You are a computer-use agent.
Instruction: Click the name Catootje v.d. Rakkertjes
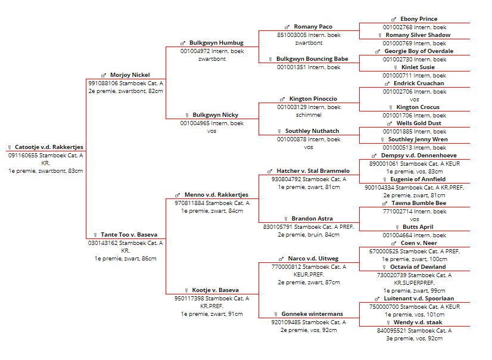[x=49, y=147]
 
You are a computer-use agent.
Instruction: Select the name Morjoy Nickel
[x=130, y=75]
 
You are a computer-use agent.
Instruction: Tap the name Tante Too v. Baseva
[x=129, y=235]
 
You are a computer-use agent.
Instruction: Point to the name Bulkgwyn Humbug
[x=216, y=43]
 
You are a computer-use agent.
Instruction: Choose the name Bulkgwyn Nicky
[x=215, y=115]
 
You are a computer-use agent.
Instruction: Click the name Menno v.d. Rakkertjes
[x=216, y=194]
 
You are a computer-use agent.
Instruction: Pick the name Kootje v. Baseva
[x=215, y=290]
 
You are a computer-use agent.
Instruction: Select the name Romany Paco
[x=313, y=27]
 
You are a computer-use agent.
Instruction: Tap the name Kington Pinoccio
[x=313, y=99]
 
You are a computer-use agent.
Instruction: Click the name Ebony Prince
[x=419, y=19]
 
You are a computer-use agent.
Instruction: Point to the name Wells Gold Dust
[x=419, y=123]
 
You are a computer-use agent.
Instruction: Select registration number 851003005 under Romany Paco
[x=292, y=35]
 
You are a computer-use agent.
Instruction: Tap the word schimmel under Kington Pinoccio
[x=309, y=115]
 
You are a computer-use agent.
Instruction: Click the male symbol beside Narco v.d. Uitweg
[x=281, y=259]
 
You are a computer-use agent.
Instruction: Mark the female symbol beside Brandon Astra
[x=286, y=219]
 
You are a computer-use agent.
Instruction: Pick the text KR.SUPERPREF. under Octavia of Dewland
[x=414, y=283]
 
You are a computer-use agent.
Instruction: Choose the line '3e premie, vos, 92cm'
[x=414, y=339]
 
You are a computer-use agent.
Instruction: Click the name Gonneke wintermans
[x=312, y=314]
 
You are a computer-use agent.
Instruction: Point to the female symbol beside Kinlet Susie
[x=396, y=67]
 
